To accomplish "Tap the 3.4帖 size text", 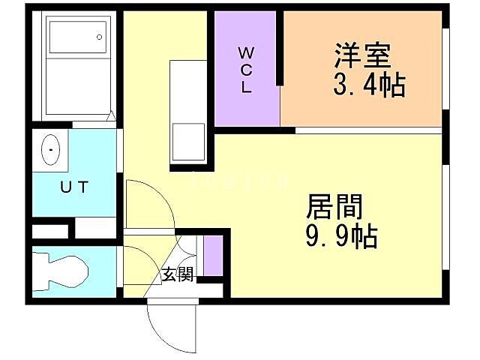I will pyautogui.click(x=369, y=85).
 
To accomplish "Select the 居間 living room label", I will pyautogui.click(x=335, y=207).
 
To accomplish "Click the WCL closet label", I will pyautogui.click(x=247, y=69).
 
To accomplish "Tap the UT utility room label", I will pyautogui.click(x=73, y=187).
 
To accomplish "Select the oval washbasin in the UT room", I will pyautogui.click(x=51, y=150).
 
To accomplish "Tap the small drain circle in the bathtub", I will pyautogui.click(x=100, y=37).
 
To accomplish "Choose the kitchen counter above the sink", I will pyautogui.click(x=187, y=90).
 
